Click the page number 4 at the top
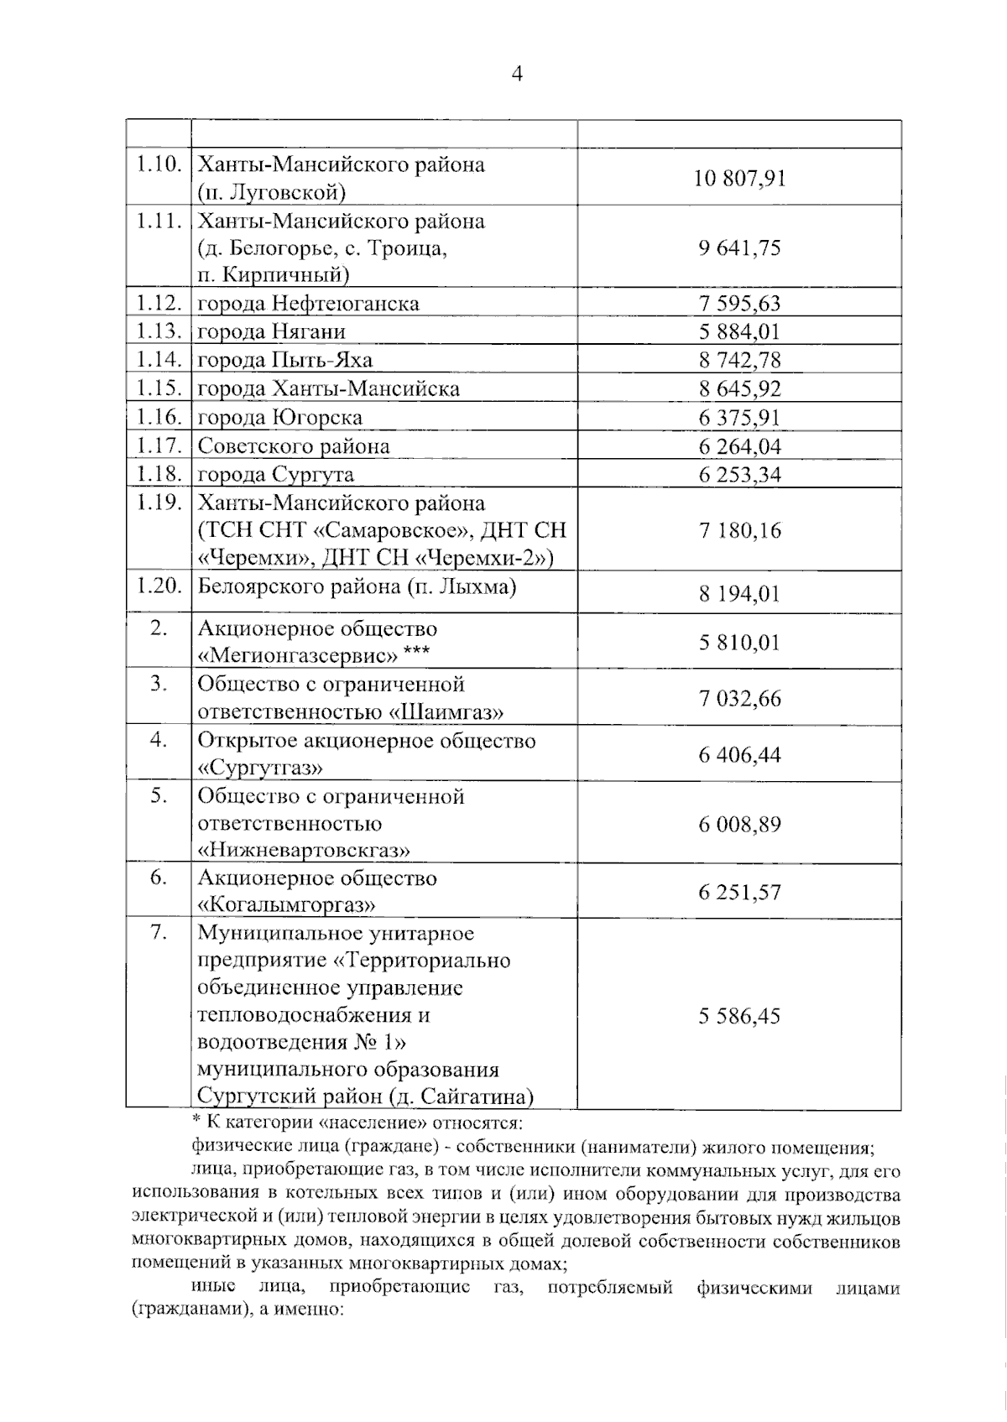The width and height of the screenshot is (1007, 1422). [x=517, y=75]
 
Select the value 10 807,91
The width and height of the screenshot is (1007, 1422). [x=739, y=178]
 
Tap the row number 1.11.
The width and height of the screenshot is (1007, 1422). [x=159, y=221]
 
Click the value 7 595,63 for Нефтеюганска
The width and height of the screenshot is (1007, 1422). [x=739, y=304]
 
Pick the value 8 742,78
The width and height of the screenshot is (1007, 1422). [x=739, y=361]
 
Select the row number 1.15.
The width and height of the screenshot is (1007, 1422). [x=159, y=388]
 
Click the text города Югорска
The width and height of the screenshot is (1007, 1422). [x=279, y=418]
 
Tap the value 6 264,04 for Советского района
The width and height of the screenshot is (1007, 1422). [x=739, y=447]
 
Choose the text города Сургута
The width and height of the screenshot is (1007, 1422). [x=275, y=475]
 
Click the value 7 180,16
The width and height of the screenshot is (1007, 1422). [x=739, y=530]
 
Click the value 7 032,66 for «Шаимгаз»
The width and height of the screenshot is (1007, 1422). [x=739, y=698]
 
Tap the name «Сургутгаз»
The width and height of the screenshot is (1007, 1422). [x=260, y=768]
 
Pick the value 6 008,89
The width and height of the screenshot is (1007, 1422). [x=739, y=824]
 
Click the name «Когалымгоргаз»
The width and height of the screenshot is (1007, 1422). [x=285, y=905]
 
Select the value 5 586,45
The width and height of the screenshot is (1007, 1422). [x=739, y=1017]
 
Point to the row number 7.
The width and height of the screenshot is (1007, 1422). [x=159, y=933]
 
